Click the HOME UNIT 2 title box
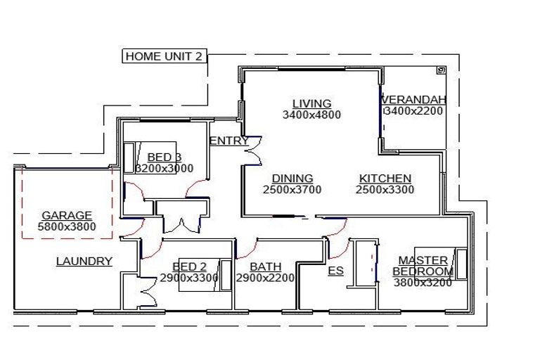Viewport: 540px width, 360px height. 165,56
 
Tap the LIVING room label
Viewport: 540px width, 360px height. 311,104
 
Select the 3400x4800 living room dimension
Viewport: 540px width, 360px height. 311,115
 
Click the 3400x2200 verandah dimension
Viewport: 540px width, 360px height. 415,110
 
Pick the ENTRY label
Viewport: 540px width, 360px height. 229,141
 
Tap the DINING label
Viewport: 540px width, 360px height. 292,179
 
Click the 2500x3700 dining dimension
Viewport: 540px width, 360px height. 292,189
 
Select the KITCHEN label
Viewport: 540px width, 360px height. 385,179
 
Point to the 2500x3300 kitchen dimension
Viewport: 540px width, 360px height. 385,189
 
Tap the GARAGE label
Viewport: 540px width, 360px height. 67,216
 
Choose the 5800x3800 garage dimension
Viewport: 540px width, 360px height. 67,226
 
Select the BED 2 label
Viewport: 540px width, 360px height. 189,266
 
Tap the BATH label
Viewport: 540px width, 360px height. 266,266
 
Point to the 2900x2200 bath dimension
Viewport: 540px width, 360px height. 266,278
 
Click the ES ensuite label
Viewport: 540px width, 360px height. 336,270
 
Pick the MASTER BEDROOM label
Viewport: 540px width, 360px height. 423,266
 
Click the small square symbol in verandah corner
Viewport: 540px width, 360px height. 441,70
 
